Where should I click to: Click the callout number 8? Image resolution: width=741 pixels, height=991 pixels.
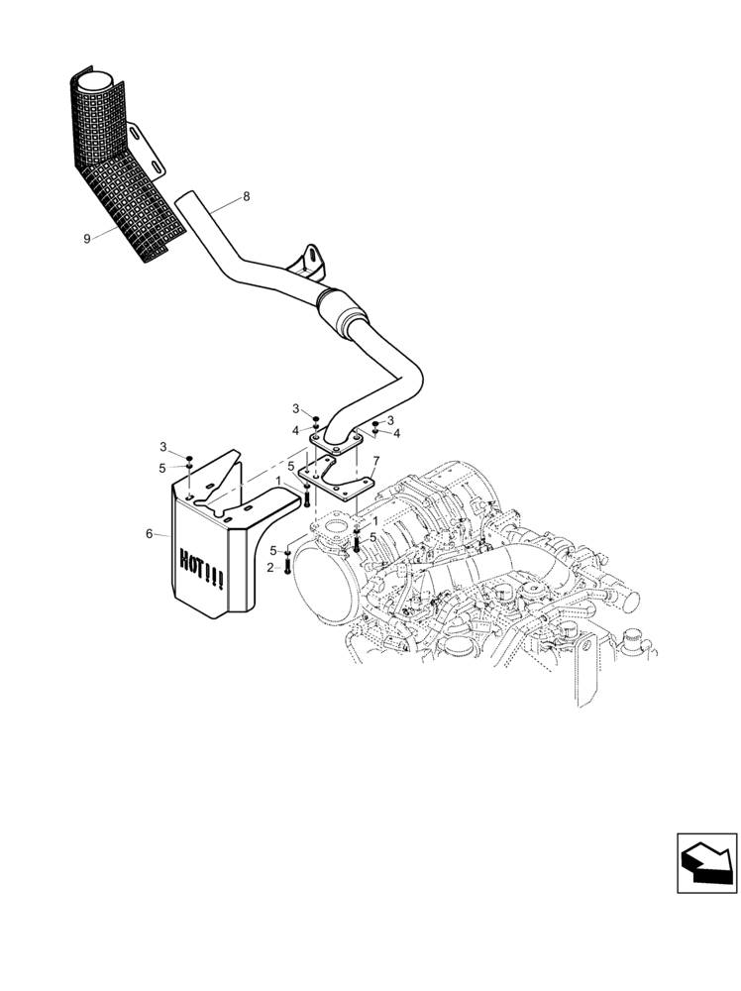click(247, 196)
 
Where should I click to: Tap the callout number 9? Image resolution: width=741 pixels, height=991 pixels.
click(87, 238)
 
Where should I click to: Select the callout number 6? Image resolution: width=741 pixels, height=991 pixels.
click(150, 533)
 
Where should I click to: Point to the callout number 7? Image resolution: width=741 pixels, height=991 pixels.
click(375, 461)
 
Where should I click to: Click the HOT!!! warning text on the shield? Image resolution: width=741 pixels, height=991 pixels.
click(202, 571)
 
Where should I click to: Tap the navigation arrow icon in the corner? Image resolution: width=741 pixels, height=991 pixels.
click(704, 858)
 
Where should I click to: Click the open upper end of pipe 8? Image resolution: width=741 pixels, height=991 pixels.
click(184, 201)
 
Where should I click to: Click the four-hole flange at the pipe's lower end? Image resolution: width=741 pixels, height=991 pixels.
click(330, 445)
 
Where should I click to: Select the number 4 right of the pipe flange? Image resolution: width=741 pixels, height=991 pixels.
click(396, 433)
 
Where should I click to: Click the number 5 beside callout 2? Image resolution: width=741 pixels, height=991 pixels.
click(272, 550)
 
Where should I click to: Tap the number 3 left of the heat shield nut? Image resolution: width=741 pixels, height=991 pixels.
click(165, 448)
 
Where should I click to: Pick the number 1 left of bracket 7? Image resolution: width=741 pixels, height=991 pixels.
click(279, 481)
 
